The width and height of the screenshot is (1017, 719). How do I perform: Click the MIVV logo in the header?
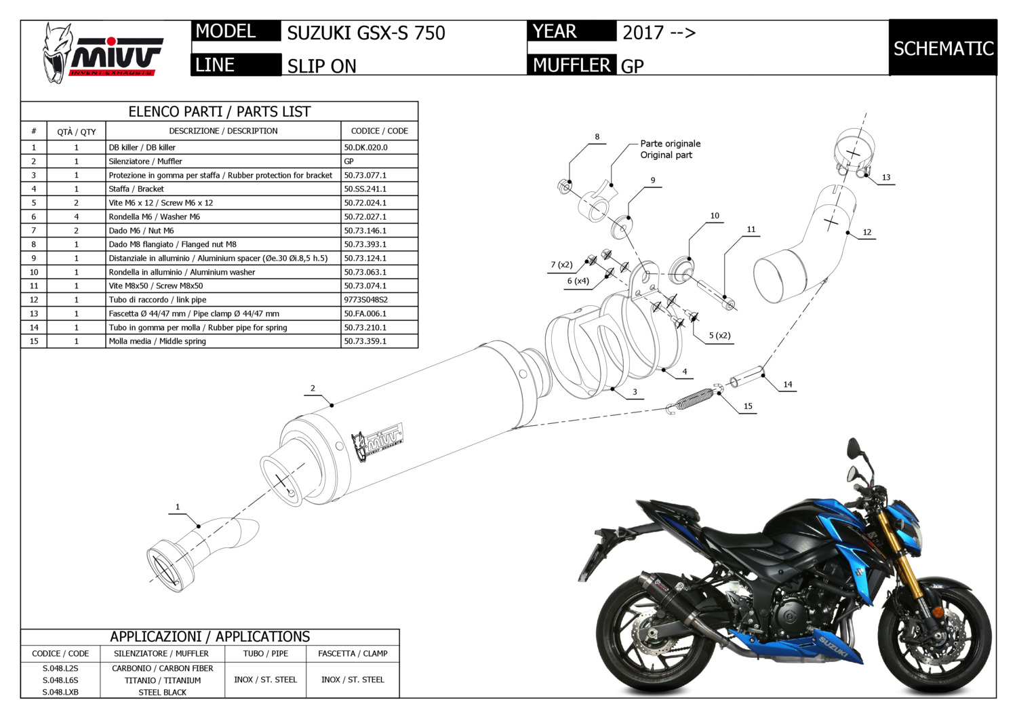[102, 53]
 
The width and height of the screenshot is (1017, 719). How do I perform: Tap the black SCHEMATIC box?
[942, 48]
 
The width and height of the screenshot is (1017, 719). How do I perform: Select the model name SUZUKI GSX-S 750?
[366, 33]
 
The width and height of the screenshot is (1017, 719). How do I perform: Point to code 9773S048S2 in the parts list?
[366, 300]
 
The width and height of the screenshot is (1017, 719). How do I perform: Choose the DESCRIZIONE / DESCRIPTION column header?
[223, 131]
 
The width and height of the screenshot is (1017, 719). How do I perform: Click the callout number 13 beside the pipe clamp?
[886, 178]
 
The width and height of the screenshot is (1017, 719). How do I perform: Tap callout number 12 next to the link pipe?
[867, 232]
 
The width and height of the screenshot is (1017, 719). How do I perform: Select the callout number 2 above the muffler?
[313, 389]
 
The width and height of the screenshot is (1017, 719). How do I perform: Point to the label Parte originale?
[671, 144]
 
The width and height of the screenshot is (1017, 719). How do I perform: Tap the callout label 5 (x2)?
[719, 336]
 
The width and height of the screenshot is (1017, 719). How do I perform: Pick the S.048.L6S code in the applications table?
[60, 680]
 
